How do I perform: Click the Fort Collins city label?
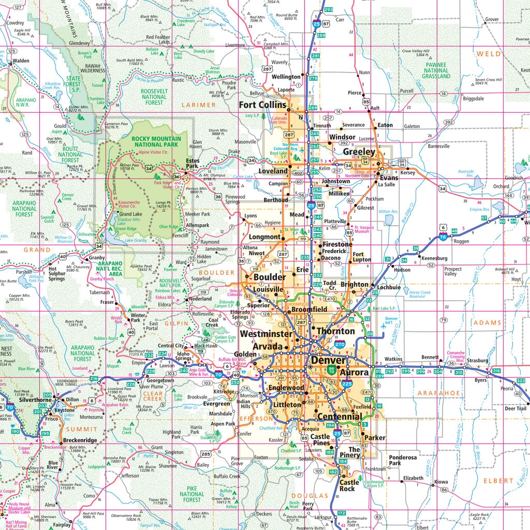(x=262, y=105)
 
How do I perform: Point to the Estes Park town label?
(x=193, y=164)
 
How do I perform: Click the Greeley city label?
(x=359, y=152)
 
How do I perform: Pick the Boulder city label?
(x=269, y=277)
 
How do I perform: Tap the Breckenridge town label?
(x=80, y=440)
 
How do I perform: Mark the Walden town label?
(x=21, y=61)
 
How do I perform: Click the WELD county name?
(x=488, y=54)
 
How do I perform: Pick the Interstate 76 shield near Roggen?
(x=444, y=235)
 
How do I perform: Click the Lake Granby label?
(x=136, y=241)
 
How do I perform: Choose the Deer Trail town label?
(x=516, y=408)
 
